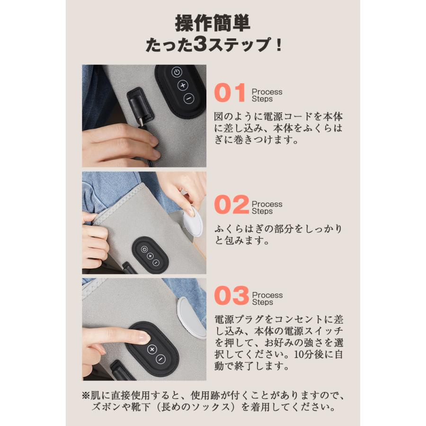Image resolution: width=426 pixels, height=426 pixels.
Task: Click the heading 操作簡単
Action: (213, 23)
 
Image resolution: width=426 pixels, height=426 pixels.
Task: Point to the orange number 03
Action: (231, 297)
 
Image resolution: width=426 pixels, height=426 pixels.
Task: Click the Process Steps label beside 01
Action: (266, 95)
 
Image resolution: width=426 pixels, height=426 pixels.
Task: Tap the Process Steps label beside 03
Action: (266, 299)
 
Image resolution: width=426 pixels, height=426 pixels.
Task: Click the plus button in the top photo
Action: (182, 86)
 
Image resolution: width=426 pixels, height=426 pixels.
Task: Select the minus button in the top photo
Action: (188, 99)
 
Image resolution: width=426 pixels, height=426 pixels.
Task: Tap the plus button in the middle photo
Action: (150, 256)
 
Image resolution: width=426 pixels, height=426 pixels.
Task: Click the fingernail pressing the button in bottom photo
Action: (142, 337)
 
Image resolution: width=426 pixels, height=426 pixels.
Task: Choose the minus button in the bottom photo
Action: (160, 358)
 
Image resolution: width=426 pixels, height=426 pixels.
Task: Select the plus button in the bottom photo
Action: (151, 349)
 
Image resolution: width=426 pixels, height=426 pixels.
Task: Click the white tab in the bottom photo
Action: (192, 317)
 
